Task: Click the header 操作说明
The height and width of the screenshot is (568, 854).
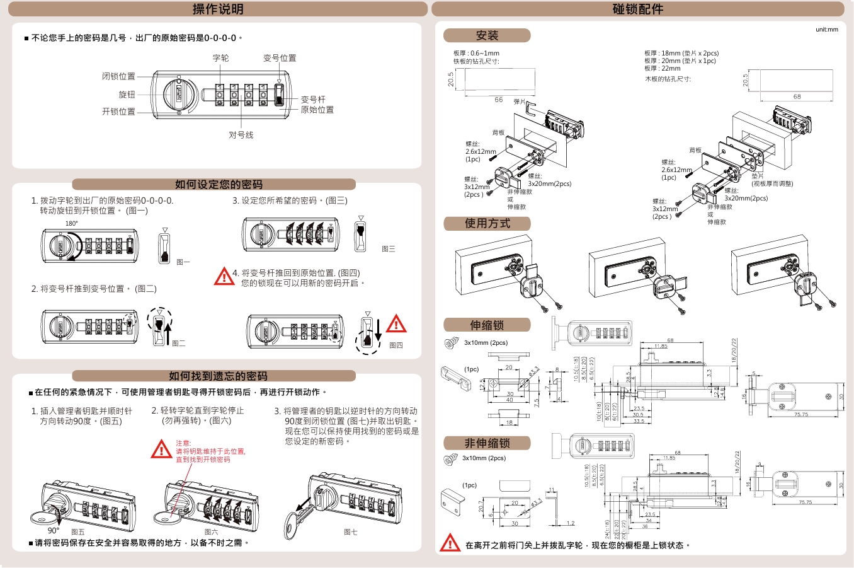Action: click(218, 9)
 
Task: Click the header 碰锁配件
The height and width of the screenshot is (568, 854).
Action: click(637, 9)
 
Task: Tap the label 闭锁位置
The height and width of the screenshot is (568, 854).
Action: click(118, 76)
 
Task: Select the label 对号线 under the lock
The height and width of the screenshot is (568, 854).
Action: click(241, 135)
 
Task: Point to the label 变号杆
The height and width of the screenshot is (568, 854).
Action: click(313, 100)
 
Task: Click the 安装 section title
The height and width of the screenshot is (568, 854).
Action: click(487, 35)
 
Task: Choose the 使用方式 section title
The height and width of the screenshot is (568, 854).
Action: click(487, 223)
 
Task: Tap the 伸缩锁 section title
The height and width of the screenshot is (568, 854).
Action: click(487, 325)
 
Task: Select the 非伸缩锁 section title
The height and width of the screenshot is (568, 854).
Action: click(487, 443)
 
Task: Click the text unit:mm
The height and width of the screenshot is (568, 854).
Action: click(826, 30)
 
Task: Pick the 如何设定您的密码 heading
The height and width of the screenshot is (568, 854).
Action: click(218, 184)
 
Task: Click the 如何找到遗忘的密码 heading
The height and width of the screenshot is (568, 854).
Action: click(218, 376)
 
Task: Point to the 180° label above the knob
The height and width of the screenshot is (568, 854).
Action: click(72, 224)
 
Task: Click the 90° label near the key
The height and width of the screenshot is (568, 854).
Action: click(54, 531)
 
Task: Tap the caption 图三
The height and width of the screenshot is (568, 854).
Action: click(389, 249)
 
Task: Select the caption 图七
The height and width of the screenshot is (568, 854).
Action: click(351, 532)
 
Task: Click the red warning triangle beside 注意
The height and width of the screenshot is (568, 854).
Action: click(162, 449)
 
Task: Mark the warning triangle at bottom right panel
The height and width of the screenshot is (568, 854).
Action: click(450, 543)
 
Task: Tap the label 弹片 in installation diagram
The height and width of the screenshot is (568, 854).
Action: click(519, 101)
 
